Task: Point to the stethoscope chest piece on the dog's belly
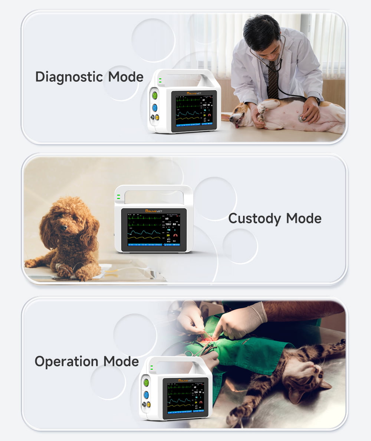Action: pyautogui.click(x=303, y=118)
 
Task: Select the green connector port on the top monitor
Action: pyautogui.click(x=155, y=95)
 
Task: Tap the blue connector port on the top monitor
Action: pyautogui.click(x=155, y=108)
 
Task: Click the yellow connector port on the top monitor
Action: pyautogui.click(x=157, y=117)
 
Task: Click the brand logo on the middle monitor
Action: pyautogui.click(x=154, y=211)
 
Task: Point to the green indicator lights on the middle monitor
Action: pyautogui.click(x=118, y=197)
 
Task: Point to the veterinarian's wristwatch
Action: pyautogui.click(x=317, y=101)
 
